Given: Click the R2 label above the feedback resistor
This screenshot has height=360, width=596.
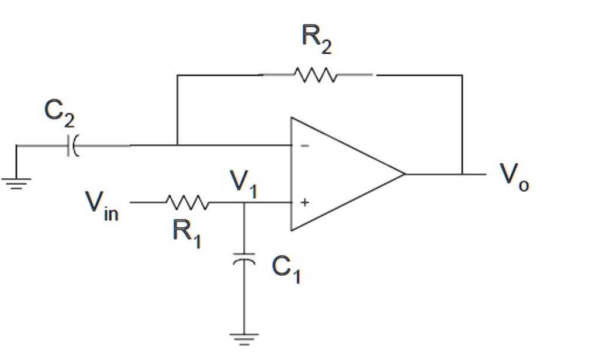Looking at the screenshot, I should coord(316,40).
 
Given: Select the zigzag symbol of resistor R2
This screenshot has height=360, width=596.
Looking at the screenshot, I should coord(315,75).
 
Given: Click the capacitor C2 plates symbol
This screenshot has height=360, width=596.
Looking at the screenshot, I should coord(73,145).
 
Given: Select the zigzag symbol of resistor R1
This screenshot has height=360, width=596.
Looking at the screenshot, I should coord(186,203).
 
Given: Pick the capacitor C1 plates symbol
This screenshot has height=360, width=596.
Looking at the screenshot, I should coord(244,258).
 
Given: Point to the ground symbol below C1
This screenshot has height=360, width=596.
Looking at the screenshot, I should coord(244,338).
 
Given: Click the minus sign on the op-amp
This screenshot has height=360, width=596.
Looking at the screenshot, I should coord(304,146).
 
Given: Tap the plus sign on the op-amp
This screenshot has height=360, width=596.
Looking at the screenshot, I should coord(304,203).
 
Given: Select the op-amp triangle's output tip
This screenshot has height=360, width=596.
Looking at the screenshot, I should coord(404,174).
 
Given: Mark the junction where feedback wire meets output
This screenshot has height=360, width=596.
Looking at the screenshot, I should coord(462,174).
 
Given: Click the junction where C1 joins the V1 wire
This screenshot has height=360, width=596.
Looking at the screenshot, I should coord(244,203).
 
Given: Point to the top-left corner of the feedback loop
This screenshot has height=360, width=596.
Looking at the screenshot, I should coord(177,75).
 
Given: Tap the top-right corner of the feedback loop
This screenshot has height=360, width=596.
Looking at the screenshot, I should coord(462,75).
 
